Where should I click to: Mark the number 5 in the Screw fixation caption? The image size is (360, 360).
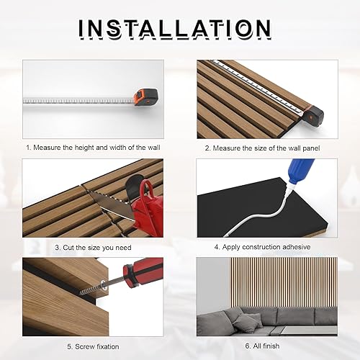point(70,346)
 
